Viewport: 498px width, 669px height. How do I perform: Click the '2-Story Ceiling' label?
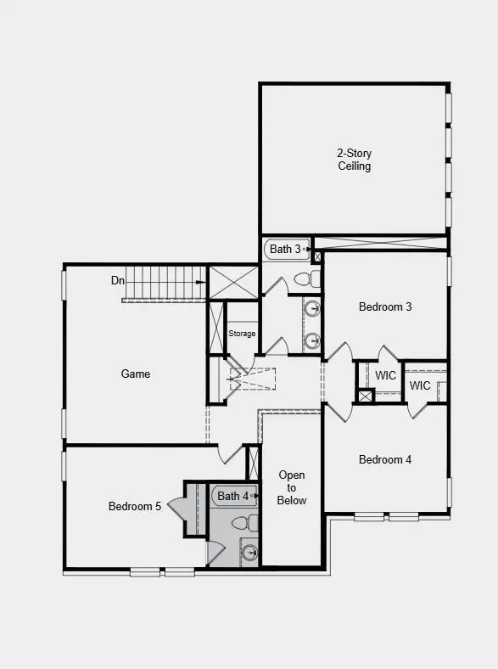pos(354,160)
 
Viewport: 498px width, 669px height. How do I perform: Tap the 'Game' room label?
pos(136,374)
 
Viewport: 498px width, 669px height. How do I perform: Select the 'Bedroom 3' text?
pos(385,306)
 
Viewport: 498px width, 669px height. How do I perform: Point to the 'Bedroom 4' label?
pos(385,459)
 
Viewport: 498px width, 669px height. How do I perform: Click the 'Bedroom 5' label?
pos(134,506)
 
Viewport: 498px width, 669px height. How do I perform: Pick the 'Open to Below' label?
pos(292,487)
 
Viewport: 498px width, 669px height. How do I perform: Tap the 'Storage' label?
pos(242,334)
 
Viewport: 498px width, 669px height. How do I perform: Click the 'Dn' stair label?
pos(118,280)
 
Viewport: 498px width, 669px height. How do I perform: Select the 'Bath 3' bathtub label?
pos(285,249)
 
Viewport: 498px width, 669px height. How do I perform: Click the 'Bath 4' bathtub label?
pos(233,495)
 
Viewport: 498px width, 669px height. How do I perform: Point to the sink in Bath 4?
pos(249,554)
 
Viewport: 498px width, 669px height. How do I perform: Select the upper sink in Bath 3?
pos(313,308)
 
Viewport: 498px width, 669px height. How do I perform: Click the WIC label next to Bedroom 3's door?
pos(386,375)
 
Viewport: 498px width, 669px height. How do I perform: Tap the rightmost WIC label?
pos(420,385)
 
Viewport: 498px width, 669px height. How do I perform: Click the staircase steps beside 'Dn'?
pos(165,282)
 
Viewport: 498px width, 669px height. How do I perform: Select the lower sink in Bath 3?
pos(313,340)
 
